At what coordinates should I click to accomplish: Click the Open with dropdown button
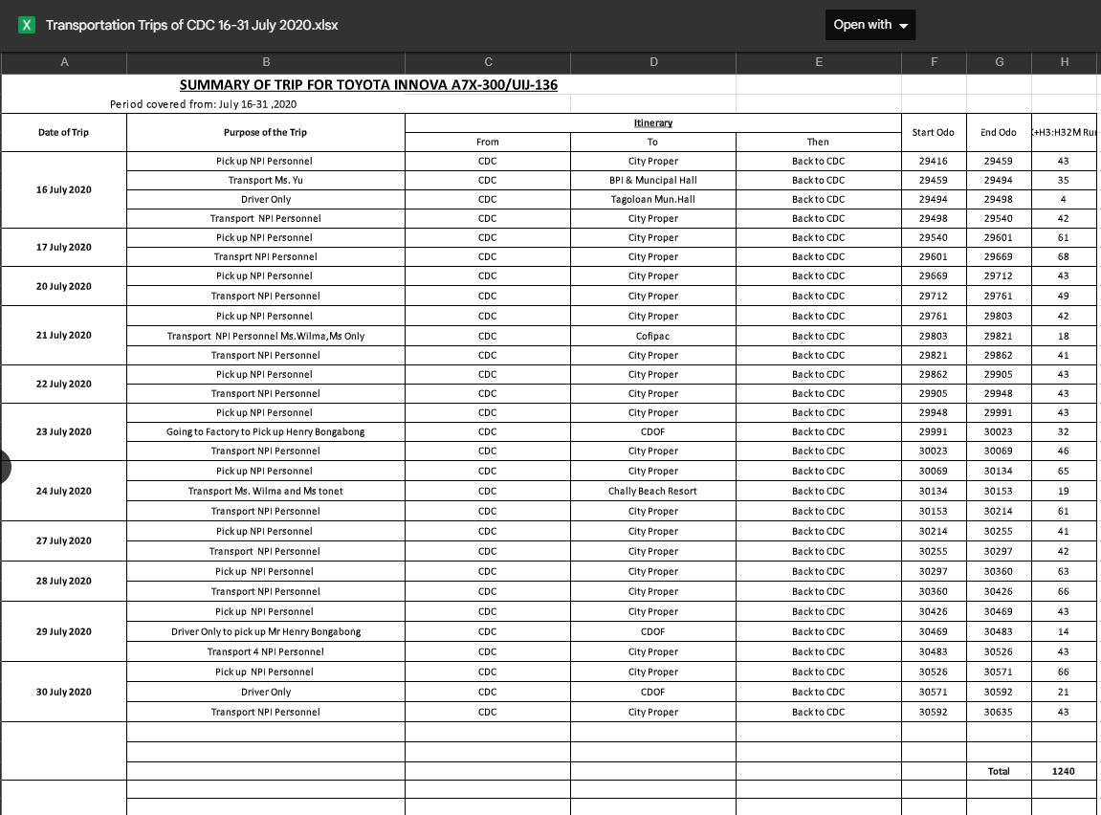point(870,25)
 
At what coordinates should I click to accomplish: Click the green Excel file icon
point(27,25)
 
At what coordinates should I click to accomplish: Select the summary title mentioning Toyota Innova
point(368,84)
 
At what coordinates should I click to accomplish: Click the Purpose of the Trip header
point(265,132)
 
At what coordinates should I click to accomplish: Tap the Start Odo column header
point(933,132)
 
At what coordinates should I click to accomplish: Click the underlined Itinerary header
point(652,122)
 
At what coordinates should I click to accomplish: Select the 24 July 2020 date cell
point(63,491)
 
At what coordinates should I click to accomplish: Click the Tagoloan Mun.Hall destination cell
point(652,199)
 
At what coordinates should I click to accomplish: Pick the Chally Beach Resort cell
point(652,491)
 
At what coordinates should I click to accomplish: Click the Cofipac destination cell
point(652,336)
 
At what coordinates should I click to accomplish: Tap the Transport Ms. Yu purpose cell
point(265,180)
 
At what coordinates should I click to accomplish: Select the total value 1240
point(1063,771)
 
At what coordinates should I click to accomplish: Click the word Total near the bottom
point(998,771)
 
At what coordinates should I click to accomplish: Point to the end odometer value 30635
point(999,712)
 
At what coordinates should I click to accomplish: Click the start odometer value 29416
point(933,161)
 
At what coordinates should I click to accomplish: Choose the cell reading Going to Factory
point(265,431)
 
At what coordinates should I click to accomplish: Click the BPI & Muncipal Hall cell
point(652,180)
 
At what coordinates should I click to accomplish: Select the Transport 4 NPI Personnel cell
point(265,651)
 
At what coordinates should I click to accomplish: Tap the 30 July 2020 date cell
point(63,692)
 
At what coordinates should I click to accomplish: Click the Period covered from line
point(203,103)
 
